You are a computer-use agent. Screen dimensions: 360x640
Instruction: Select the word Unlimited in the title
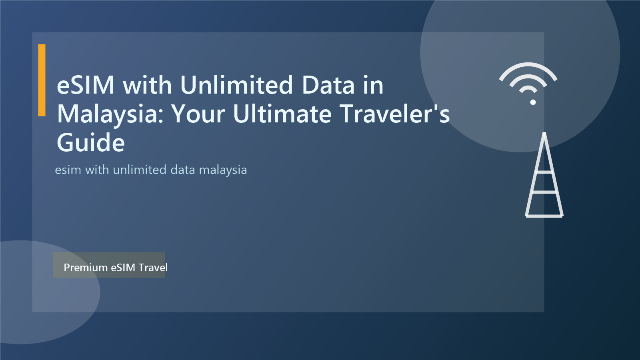(236, 85)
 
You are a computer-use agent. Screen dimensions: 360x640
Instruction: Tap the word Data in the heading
(328, 85)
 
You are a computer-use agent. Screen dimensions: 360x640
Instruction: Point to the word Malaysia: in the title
(110, 114)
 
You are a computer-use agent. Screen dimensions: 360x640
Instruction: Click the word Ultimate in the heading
(282, 114)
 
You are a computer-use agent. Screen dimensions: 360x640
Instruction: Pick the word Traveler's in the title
(394, 114)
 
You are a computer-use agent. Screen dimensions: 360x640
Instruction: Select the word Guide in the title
(91, 143)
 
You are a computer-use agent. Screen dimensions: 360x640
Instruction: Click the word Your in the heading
(198, 114)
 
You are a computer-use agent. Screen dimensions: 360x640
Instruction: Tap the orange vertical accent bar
(42, 80)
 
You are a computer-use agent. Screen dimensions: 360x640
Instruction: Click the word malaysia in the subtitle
(223, 170)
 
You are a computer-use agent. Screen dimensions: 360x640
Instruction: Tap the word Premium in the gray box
(86, 268)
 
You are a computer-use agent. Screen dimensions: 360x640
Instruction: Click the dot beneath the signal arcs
(533, 102)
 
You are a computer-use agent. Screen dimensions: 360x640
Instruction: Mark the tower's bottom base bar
(544, 216)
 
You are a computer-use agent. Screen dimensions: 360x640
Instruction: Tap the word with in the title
(147, 85)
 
